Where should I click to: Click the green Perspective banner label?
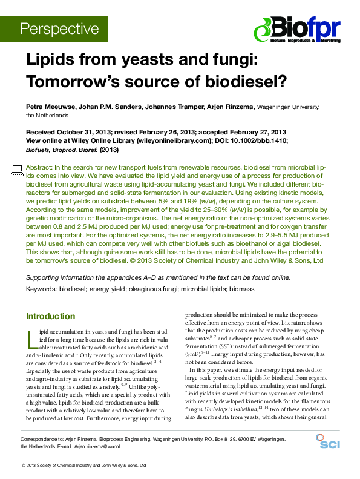pos(59,28)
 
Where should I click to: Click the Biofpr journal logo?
pos(297,30)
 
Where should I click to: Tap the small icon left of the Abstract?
pos(16,169)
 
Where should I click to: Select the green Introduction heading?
pos(50,316)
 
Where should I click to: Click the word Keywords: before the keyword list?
pos(43,289)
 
